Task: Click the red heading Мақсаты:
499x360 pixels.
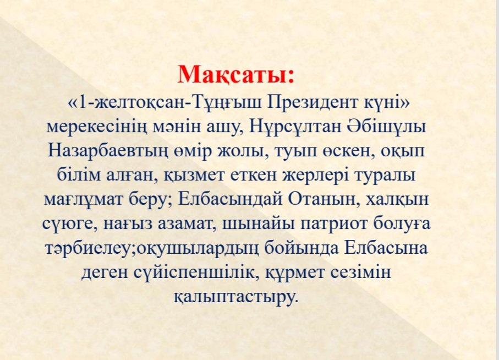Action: tap(236, 74)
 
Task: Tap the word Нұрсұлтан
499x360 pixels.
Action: tap(295, 127)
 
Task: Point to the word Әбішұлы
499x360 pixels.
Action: tap(385, 127)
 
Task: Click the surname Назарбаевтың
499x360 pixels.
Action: tap(108, 151)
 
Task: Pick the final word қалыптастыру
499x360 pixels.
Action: tap(236, 296)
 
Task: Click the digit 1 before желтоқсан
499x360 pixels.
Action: tap(82, 102)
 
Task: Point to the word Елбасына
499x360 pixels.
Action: tap(386, 248)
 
